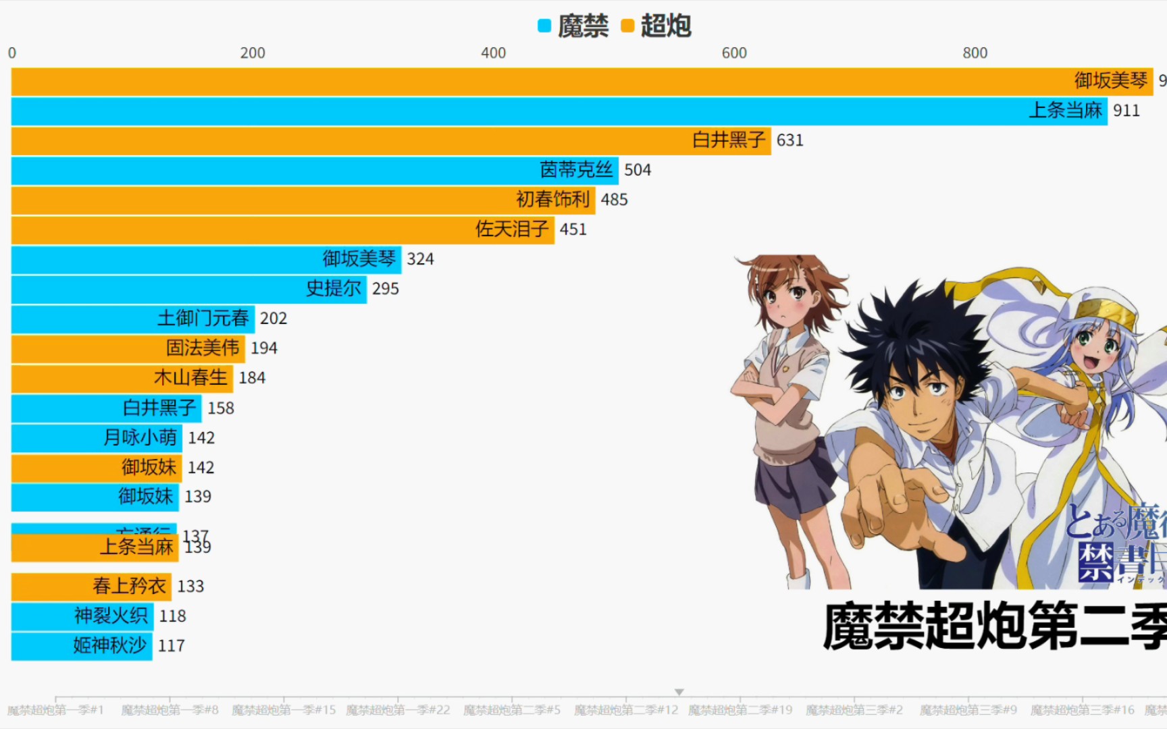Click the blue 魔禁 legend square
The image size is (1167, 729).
pos(544,26)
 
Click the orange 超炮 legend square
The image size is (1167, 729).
pos(627,26)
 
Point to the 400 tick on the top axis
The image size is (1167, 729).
pos(493,53)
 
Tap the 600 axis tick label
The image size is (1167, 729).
pos(734,53)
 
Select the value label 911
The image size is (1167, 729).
pos(1126,111)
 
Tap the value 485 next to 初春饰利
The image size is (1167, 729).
pos(614,200)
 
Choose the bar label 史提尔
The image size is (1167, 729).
pos(334,289)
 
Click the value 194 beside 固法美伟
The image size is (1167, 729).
pos(264,348)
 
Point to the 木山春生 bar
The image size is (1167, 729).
pos(122,378)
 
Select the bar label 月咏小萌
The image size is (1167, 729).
pos(140,437)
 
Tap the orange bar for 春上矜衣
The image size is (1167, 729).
pos(91,587)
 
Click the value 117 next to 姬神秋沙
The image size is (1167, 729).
pos(172,646)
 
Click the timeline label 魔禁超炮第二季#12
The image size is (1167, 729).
pos(626,710)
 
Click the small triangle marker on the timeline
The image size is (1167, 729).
pos(679,692)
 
